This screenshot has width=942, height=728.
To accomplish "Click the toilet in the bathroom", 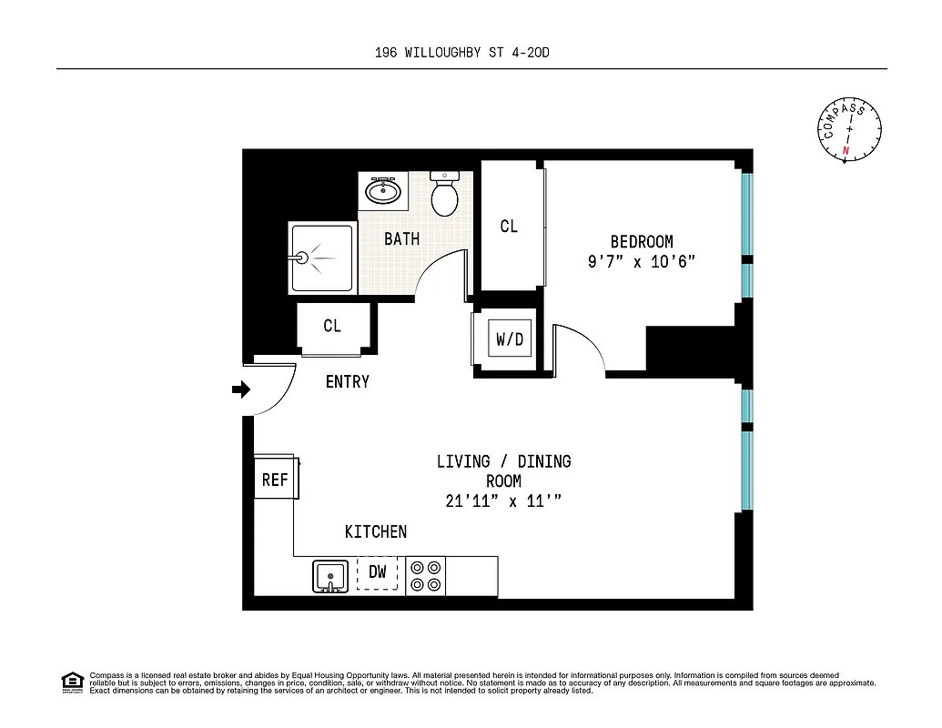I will click(444, 194).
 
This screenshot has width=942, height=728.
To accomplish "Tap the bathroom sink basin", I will click(383, 191).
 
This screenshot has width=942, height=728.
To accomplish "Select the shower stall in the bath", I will click(322, 258).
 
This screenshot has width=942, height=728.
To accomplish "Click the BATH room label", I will click(401, 239).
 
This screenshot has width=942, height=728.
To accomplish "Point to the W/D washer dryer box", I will click(510, 339).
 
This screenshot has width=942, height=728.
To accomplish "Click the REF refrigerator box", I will click(274, 480).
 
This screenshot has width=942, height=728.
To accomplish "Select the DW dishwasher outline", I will click(378, 572).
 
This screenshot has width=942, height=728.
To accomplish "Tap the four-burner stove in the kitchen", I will click(424, 574).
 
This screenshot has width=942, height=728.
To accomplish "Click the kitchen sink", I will click(330, 576).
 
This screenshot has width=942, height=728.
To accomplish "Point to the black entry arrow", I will click(241, 389).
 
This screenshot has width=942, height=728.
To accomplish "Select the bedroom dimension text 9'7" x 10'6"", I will click(642, 262).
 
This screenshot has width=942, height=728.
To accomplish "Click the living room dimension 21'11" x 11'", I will click(503, 501).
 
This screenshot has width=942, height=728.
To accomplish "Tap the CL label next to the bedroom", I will click(509, 226).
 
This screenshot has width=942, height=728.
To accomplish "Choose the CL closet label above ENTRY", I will click(332, 326).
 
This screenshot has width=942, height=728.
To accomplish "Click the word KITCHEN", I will click(375, 531).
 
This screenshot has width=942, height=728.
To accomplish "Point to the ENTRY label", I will click(347, 382).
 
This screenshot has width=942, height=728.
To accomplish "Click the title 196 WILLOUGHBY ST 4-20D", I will click(462, 53).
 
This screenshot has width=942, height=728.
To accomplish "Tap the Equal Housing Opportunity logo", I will click(72, 682).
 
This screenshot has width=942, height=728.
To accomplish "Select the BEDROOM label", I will click(642, 242).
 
